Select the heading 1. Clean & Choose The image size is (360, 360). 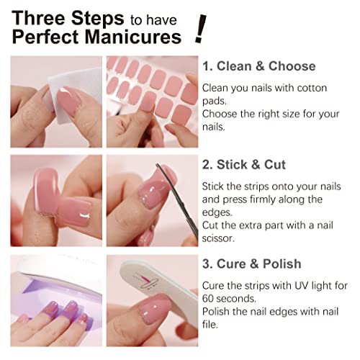pos(258,66)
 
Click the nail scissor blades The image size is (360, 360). pos(183,194)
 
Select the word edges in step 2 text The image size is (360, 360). pos(218,212)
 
